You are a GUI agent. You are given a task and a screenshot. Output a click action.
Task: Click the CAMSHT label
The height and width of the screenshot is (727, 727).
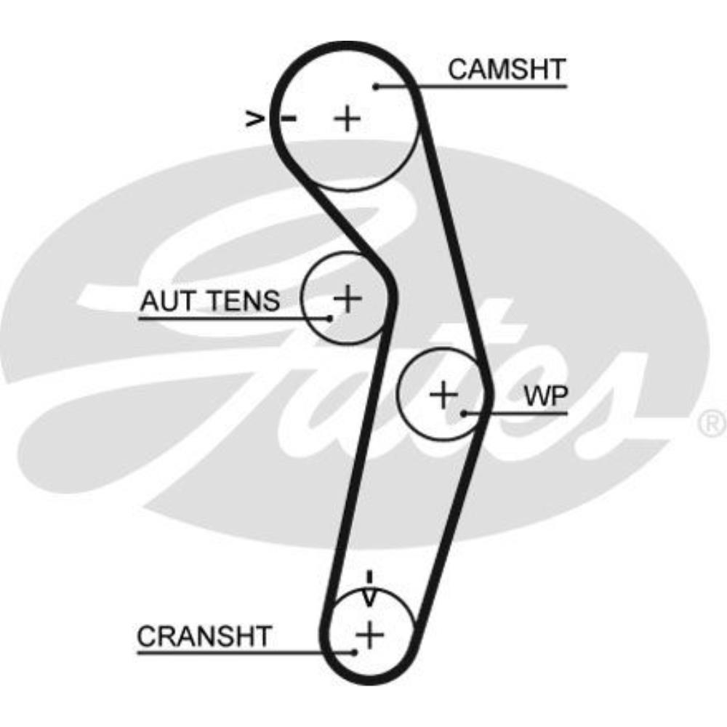(507, 70)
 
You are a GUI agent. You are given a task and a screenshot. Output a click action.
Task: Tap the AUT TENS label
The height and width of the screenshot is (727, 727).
(209, 300)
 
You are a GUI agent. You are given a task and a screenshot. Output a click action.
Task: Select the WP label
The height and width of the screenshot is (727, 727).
(547, 396)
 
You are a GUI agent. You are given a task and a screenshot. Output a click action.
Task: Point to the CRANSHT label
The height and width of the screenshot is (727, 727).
(204, 636)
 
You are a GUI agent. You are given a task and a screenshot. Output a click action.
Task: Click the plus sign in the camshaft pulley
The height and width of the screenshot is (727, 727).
(348, 118)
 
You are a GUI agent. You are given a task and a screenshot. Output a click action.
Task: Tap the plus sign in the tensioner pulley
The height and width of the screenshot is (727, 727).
(348, 298)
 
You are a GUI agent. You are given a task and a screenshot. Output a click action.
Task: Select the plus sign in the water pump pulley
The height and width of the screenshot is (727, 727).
(443, 395)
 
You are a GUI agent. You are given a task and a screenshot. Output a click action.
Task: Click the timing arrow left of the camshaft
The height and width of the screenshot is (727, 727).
(254, 119)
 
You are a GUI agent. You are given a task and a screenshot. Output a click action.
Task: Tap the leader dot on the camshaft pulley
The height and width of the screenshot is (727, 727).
(377, 87)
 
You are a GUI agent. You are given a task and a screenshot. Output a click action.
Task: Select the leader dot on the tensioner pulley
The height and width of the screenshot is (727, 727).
(329, 318)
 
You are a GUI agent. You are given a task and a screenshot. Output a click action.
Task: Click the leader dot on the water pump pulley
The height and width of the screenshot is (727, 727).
(464, 414)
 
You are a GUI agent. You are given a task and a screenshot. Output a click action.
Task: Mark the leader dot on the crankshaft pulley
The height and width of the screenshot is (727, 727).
(354, 652)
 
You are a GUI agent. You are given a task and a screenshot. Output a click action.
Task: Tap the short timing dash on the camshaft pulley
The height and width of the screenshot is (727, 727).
(289, 119)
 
